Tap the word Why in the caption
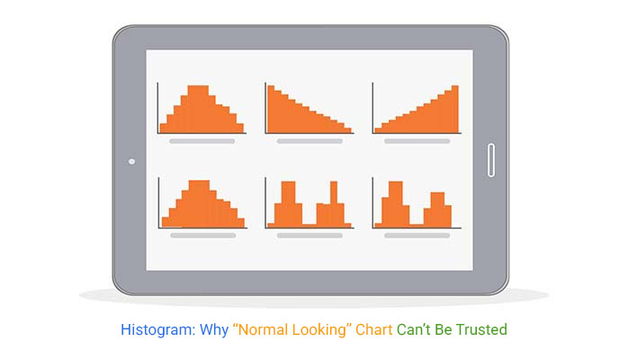coord(214,330)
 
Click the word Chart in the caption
coord(373,329)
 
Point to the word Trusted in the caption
coord(482,329)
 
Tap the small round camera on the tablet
coord(131,162)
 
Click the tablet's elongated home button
coord(491,160)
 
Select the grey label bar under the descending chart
coord(310,141)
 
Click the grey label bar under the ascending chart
coord(417,141)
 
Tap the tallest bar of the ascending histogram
coord(455,109)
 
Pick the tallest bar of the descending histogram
coord(271,109)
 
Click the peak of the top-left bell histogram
coord(198,109)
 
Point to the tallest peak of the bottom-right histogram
coord(396,204)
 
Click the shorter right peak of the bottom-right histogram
coord(437,210)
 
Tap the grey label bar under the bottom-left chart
coord(203,236)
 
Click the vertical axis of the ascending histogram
coord(372,108)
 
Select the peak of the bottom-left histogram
coord(199,204)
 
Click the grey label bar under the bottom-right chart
coord(417,236)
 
